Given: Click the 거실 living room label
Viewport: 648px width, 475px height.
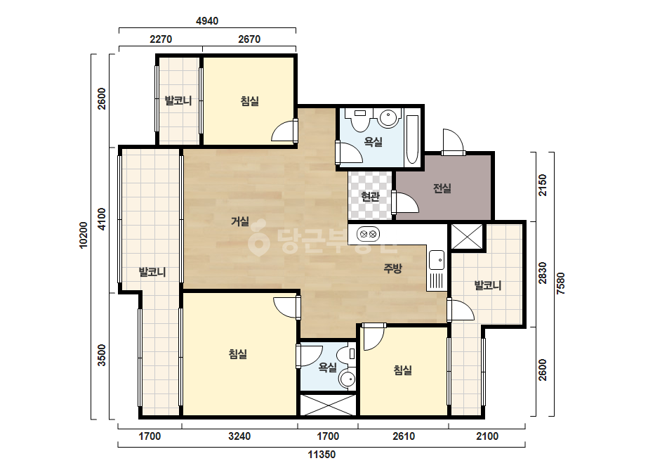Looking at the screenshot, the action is pos(239,221).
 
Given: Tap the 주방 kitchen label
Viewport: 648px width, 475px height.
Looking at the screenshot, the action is pos(392,268).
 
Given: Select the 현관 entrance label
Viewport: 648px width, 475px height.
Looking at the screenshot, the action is pos(370,197).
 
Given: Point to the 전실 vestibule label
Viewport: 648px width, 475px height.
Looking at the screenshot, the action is pos(442,188).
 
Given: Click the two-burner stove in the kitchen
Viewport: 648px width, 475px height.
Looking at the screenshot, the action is pos(368,234).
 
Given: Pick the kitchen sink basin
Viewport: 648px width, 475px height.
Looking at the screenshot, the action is pos(437,260).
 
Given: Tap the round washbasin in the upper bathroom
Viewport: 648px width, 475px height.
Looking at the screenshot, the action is pos(389,118).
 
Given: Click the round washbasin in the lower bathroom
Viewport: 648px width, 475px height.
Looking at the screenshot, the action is pos(348,379).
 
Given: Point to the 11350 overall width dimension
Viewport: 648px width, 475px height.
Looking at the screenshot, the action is pos(322,455).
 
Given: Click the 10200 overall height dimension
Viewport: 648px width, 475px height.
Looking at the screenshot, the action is pos(84,235).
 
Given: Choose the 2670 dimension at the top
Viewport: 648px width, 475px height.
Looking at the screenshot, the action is pos(249,39).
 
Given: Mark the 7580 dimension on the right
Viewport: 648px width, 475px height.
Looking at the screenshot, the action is pos(560,283).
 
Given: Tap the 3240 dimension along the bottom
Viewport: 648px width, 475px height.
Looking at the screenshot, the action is pos(239,436).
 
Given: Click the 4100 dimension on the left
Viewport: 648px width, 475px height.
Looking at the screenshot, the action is pos(102,219).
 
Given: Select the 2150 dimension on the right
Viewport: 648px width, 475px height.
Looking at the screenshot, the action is pos(542,186).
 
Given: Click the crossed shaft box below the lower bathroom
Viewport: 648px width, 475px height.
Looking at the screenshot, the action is pos(328,405).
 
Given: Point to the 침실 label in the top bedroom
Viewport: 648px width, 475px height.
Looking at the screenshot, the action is pos(250,100).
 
